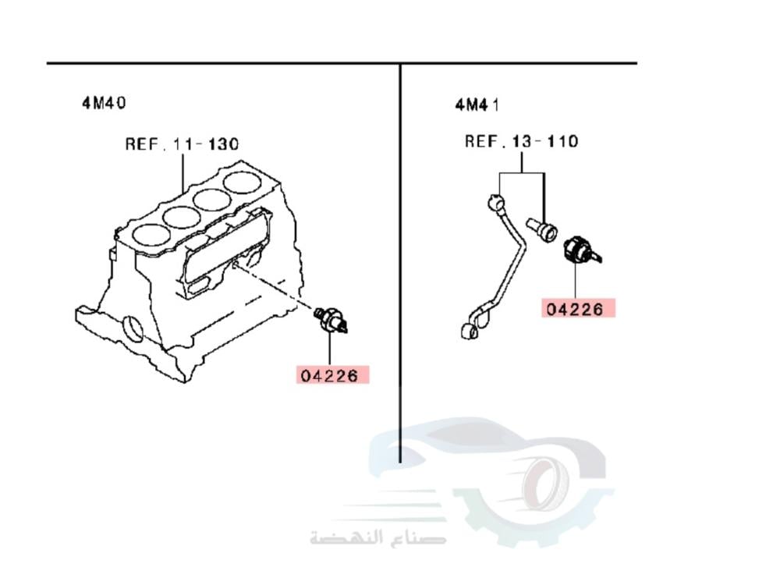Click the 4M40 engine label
[x=104, y=102]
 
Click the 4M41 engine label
[x=477, y=104]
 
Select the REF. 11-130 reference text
[x=183, y=144]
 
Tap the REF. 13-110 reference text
[x=522, y=141]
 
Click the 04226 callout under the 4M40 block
[x=332, y=375]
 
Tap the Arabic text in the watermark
[x=378, y=537]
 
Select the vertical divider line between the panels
[x=400, y=257]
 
